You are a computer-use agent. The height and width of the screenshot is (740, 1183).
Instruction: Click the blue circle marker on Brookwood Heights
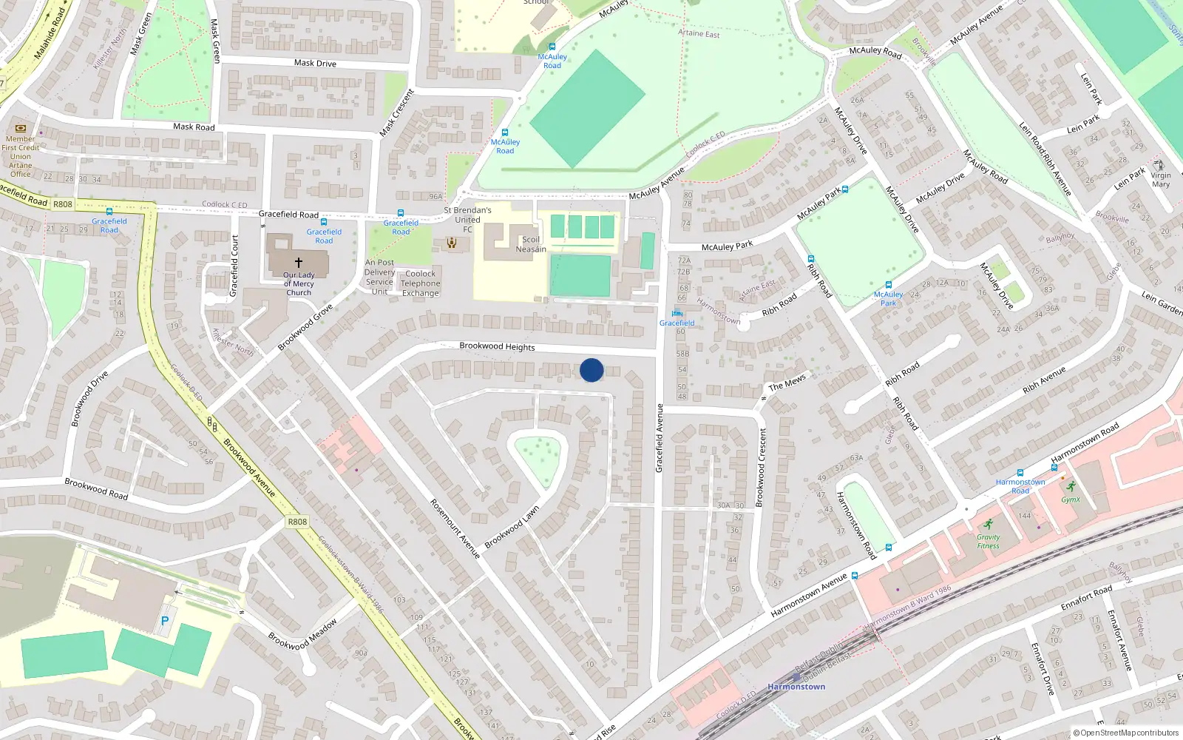pyautogui.click(x=591, y=370)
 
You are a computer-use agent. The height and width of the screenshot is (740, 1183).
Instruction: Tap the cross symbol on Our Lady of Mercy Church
pyautogui.click(x=299, y=263)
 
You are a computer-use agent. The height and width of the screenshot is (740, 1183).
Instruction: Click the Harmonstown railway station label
pyautogui.click(x=796, y=687)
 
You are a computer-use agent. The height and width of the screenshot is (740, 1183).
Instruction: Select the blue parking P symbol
pyautogui.click(x=165, y=622)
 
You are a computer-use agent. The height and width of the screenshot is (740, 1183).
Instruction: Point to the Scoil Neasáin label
pyautogui.click(x=531, y=244)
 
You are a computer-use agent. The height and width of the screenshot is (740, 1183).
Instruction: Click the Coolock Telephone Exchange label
pyautogui.click(x=421, y=283)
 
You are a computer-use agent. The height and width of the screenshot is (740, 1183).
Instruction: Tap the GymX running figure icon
pyautogui.click(x=1071, y=487)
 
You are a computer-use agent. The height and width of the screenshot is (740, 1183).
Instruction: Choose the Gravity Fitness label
pyautogui.click(x=988, y=542)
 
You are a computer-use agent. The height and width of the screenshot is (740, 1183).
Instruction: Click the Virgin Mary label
pyautogui.click(x=1161, y=180)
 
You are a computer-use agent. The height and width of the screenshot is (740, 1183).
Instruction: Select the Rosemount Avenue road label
pyautogui.click(x=455, y=528)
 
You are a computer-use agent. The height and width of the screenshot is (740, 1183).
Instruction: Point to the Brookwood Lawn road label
pyautogui.click(x=512, y=527)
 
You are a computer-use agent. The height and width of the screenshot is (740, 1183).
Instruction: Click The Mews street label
pyautogui.click(x=787, y=383)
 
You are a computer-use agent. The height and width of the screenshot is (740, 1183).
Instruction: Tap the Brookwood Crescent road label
pyautogui.click(x=760, y=468)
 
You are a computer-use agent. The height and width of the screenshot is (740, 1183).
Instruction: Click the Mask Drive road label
pyautogui.click(x=315, y=63)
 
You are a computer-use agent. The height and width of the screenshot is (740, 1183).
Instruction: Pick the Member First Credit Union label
pyautogui.click(x=21, y=156)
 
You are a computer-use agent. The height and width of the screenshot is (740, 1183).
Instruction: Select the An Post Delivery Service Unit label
pyautogui.click(x=379, y=277)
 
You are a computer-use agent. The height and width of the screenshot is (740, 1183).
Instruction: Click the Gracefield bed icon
pyautogui.click(x=677, y=313)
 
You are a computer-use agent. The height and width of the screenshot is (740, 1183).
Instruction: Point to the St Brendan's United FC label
pyautogui.click(x=467, y=220)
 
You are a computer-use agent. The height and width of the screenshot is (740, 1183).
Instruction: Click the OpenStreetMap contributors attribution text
pyautogui.click(x=1126, y=733)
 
